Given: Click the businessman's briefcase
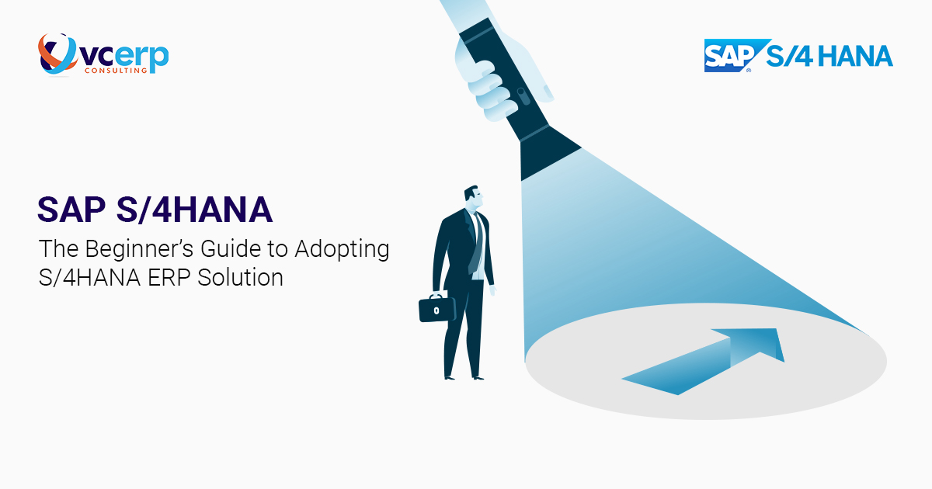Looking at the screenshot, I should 437,308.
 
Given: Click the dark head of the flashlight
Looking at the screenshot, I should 548,154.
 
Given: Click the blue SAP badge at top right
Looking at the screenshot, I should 725,56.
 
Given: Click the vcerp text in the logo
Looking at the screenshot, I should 125,57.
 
